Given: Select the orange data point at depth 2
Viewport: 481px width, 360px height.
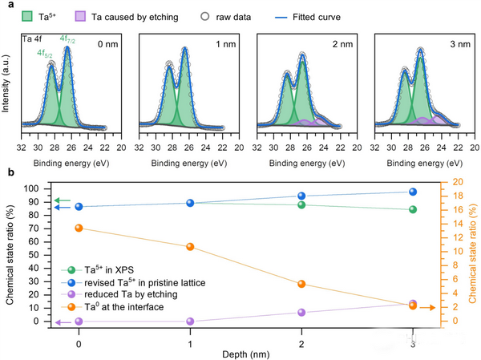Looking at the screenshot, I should (301, 284).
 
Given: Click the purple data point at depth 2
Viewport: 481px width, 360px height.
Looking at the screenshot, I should (301, 313).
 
